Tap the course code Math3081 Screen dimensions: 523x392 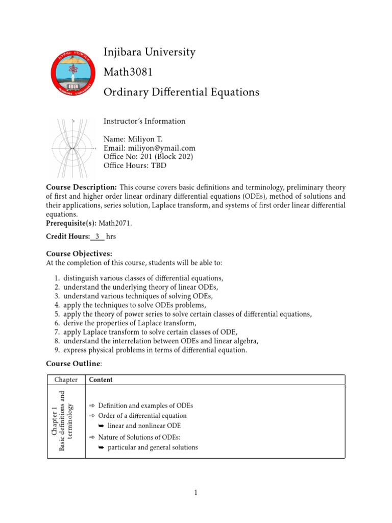(x=128, y=72)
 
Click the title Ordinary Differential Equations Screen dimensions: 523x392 (x=174, y=92)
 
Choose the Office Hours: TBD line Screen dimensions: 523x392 (x=135, y=165)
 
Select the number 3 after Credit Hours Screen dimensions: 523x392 (x=97, y=236)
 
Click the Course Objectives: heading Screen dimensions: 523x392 (x=79, y=253)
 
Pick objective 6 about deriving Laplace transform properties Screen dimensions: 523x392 (x=130, y=324)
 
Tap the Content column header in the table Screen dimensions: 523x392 (x=101, y=380)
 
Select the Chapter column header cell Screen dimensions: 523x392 (x=66, y=380)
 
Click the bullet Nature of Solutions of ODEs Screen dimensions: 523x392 (x=139, y=437)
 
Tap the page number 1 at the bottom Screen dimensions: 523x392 (x=195, y=492)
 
